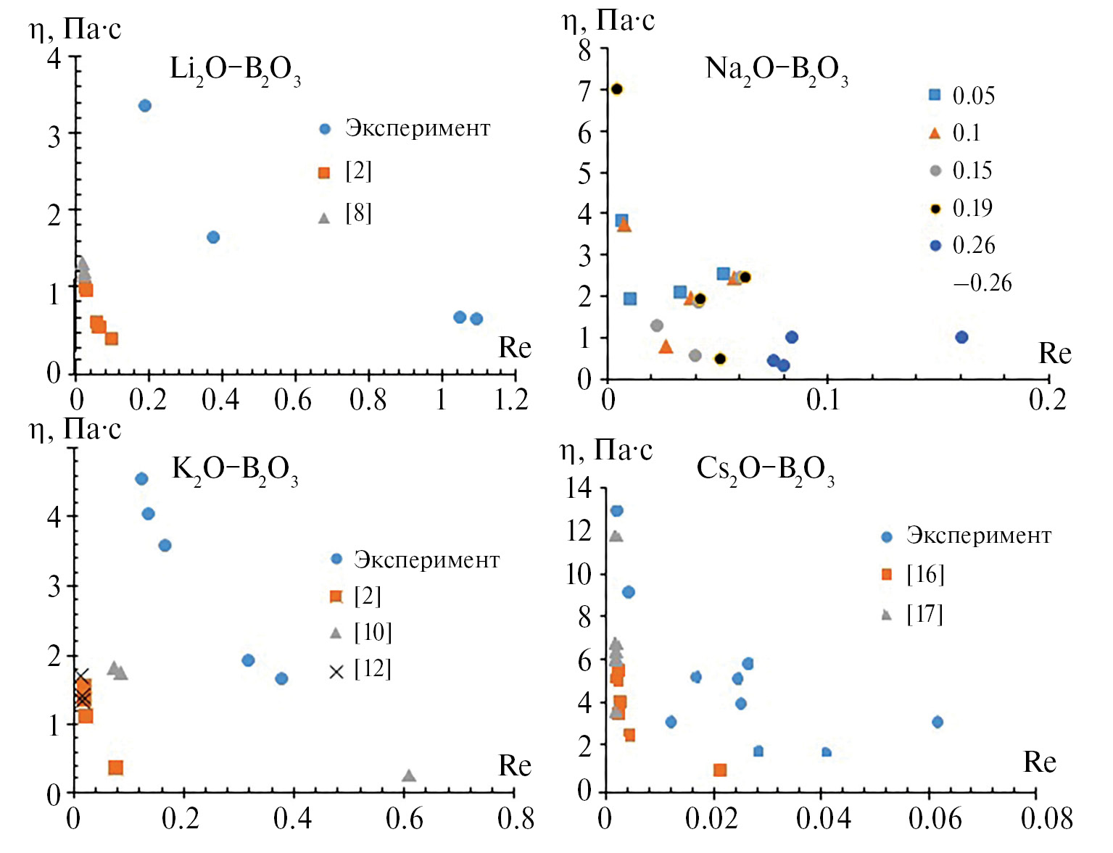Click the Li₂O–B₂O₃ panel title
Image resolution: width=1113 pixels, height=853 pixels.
[235, 70]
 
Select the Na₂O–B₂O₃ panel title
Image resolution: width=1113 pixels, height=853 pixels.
[776, 70]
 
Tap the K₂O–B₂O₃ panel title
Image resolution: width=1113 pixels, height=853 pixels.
[235, 470]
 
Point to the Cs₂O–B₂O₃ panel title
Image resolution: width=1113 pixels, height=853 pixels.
[765, 470]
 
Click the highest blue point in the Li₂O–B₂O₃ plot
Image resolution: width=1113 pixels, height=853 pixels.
[144, 106]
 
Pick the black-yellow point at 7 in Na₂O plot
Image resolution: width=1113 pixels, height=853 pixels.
[617, 89]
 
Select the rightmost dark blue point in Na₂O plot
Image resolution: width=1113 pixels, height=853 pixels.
[961, 337]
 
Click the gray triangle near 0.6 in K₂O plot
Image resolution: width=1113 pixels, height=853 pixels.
[409, 776]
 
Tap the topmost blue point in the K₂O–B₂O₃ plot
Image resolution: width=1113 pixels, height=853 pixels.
[141, 478]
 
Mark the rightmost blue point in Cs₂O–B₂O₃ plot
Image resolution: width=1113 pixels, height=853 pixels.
[938, 722]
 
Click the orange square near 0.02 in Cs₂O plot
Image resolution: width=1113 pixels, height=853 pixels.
[720, 770]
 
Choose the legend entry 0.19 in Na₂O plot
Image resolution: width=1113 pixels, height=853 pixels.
[972, 208]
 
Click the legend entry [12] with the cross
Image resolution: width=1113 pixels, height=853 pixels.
[372, 669]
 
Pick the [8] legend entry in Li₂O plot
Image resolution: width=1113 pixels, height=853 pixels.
[358, 213]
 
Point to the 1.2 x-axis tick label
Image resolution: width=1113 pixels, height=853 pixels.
[512, 399]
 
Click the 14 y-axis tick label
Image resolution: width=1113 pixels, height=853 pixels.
[579, 488]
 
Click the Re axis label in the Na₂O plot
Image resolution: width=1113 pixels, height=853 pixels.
[1054, 354]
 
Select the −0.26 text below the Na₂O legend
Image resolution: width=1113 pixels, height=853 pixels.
[982, 283]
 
